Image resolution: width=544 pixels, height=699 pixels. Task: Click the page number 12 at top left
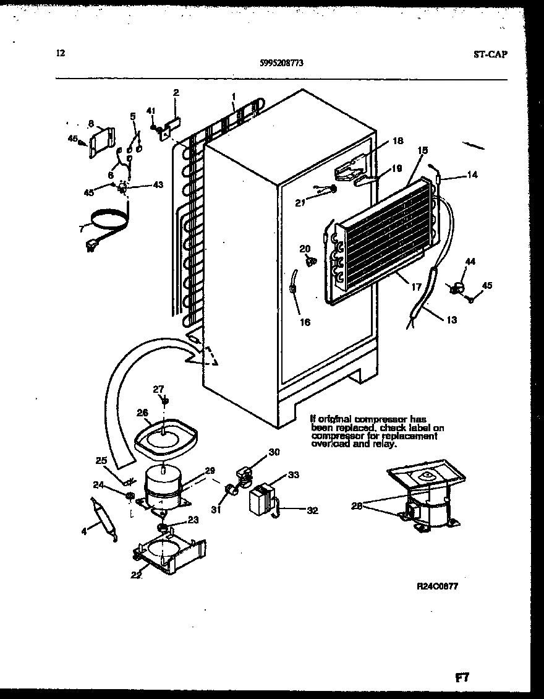[x=60, y=53]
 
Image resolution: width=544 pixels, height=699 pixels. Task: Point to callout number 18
[x=397, y=141]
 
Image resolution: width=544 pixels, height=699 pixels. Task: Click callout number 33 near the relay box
[x=293, y=476]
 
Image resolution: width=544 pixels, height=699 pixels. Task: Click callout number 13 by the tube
[x=453, y=320]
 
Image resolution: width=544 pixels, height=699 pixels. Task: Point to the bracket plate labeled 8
[x=101, y=144]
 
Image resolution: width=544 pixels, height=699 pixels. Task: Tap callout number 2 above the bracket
[x=176, y=92]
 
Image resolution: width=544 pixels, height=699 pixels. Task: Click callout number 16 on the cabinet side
[x=305, y=322]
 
